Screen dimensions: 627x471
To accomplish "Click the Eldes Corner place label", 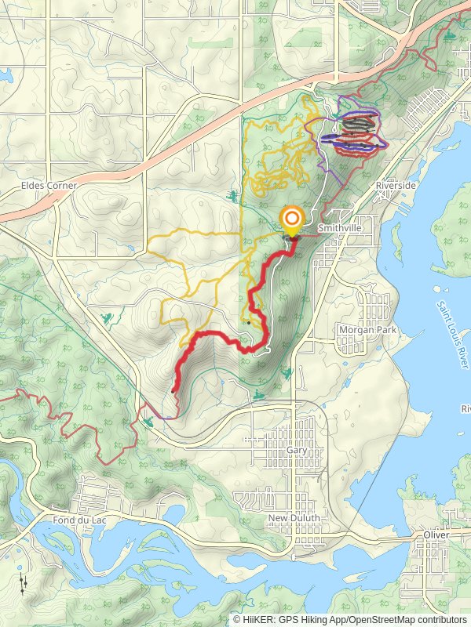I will (x=49, y=186).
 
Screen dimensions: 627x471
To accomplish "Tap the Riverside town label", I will (x=395, y=185).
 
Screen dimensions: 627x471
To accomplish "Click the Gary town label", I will (x=296, y=451).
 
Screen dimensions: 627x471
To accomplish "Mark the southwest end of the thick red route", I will (x=173, y=390).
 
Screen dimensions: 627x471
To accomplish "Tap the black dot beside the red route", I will (x=249, y=322).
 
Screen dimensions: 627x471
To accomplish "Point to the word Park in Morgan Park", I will (x=386, y=330).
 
